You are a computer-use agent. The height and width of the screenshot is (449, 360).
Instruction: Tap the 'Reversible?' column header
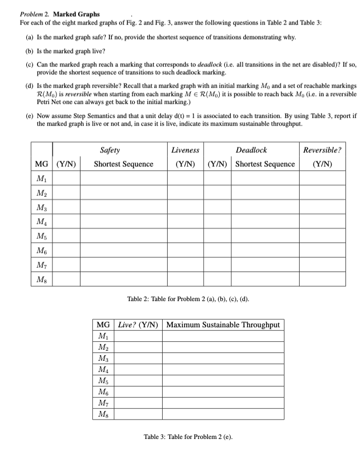[x=322, y=150]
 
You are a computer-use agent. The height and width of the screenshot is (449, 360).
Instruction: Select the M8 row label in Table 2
[x=41, y=279]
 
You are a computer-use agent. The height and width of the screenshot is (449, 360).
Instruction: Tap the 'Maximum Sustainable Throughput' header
[x=223, y=324]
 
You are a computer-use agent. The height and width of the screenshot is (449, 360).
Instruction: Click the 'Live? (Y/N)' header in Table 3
[x=139, y=324]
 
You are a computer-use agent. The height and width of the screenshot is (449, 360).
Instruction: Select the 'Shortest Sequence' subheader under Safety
[x=123, y=164]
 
